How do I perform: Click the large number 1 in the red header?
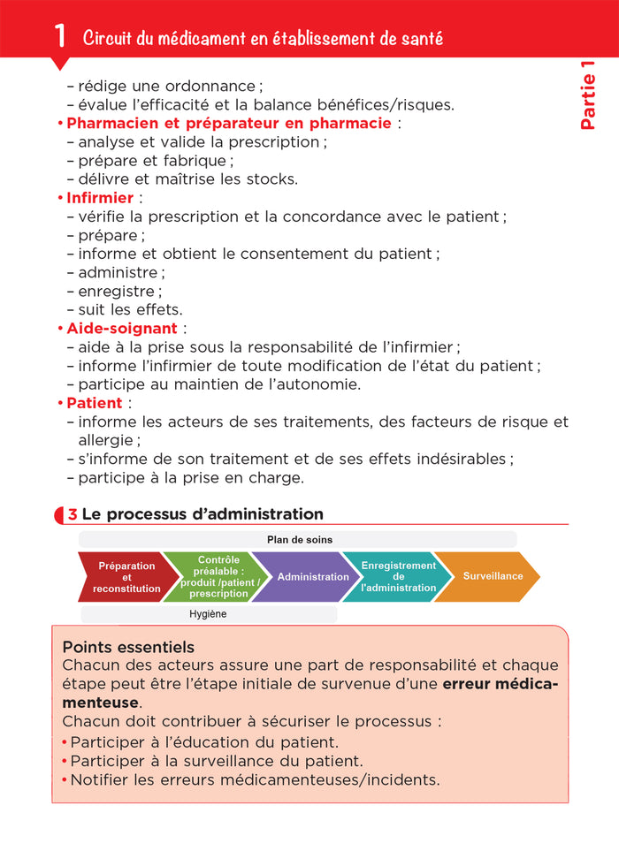tap(60, 35)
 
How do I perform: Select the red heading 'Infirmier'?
tap(100, 198)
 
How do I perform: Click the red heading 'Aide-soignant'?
tap(124, 329)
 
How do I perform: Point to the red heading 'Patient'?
tap(94, 403)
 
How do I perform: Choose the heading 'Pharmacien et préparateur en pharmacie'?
tap(228, 124)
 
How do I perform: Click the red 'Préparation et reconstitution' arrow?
tap(126, 577)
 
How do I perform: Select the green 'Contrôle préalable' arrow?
tap(218, 577)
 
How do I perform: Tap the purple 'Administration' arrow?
tap(312, 577)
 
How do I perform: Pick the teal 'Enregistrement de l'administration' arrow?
tap(398, 577)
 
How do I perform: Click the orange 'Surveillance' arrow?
tap(493, 576)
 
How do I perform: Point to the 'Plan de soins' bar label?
tap(299, 539)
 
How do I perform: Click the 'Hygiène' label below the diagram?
tap(209, 614)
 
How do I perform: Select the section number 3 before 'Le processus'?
tap(73, 514)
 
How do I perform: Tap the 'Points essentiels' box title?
tap(128, 647)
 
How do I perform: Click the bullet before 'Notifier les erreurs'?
tap(65, 779)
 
